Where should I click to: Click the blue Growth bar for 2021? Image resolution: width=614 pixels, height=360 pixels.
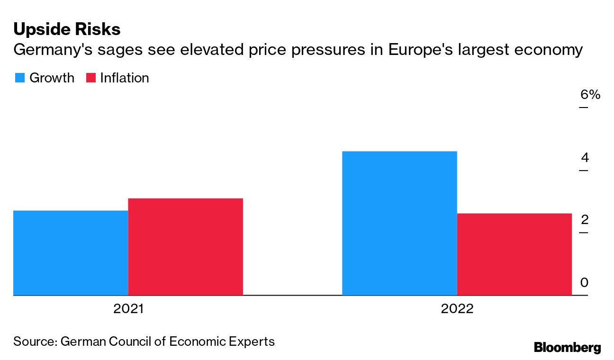(x=71, y=253)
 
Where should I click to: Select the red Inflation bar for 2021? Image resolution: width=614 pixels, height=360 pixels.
(x=185, y=247)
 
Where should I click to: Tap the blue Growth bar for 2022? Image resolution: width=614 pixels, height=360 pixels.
(x=399, y=223)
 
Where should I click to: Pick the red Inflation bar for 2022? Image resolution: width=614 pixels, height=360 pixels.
(x=514, y=254)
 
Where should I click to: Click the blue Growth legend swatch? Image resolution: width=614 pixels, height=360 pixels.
(x=19, y=78)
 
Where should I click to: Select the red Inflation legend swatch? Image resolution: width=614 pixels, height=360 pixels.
(x=91, y=78)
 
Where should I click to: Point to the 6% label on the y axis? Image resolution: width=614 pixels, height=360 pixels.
(x=590, y=95)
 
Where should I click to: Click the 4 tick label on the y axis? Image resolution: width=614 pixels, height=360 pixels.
(x=585, y=157)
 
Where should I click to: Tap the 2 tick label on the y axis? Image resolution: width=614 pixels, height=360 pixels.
(x=585, y=220)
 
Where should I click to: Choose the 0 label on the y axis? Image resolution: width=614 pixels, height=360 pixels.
(x=585, y=283)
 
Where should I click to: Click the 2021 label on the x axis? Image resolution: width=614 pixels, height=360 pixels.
(x=128, y=309)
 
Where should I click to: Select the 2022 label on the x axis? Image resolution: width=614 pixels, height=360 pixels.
(x=457, y=309)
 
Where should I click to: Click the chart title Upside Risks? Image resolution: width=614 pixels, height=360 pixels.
(x=67, y=29)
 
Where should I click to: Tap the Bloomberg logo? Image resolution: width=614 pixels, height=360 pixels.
(x=567, y=347)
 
